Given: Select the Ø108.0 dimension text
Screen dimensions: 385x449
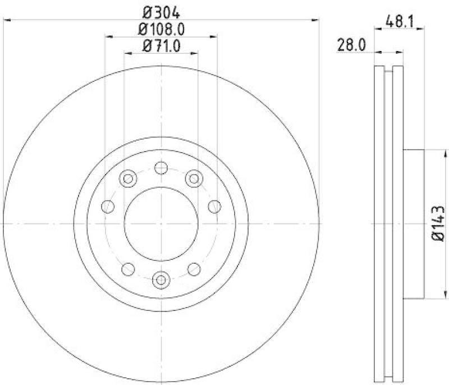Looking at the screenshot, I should click(162, 29).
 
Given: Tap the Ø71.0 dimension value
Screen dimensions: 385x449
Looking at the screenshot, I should click(162, 47).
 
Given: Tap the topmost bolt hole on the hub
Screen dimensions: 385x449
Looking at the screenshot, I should click(161, 168).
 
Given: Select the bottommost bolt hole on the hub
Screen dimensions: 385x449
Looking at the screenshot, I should click(161, 279).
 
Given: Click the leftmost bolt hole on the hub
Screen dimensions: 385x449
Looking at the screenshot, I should click(108, 207).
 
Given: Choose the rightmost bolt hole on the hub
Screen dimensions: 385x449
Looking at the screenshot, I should click(214, 207).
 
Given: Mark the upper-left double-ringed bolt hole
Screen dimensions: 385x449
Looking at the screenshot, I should click(129, 178).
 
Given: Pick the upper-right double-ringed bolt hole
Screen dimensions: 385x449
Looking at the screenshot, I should click(194, 178).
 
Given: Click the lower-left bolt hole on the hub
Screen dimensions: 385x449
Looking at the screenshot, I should click(129, 268).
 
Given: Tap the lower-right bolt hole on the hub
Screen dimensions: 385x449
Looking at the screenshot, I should click(194, 268).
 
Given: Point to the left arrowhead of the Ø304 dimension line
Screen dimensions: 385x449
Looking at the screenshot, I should click(7, 20).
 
